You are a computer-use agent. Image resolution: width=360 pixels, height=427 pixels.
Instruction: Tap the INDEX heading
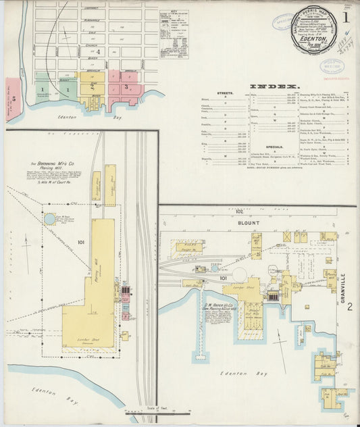tap(274, 86)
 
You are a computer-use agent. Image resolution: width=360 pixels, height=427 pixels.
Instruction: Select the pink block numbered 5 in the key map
tap(13, 98)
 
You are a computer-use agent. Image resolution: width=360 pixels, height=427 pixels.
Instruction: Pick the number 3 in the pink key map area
tap(125, 86)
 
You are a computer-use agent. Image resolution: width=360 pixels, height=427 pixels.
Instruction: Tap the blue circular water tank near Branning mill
tap(49, 219)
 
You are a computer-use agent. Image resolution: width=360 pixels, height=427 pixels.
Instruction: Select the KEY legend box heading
tap(175, 12)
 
